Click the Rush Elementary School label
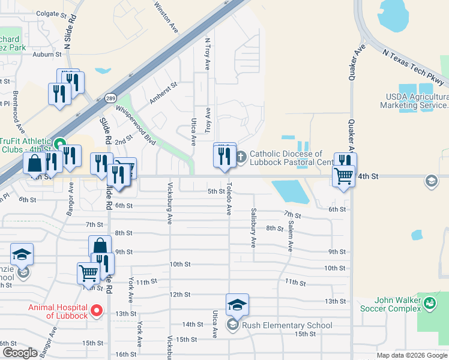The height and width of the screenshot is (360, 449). (287, 326)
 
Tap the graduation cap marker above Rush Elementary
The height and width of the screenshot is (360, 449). (237, 305)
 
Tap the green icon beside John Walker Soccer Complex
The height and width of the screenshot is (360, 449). (430, 304)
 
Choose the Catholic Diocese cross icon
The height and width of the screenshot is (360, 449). (241, 158)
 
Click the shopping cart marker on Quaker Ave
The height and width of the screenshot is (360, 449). (343, 176)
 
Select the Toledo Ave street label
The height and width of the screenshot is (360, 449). (229, 201)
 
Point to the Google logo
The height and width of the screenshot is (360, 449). (20, 353)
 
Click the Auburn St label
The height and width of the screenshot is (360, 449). (48, 54)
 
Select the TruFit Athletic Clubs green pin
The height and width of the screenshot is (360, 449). (59, 144)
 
